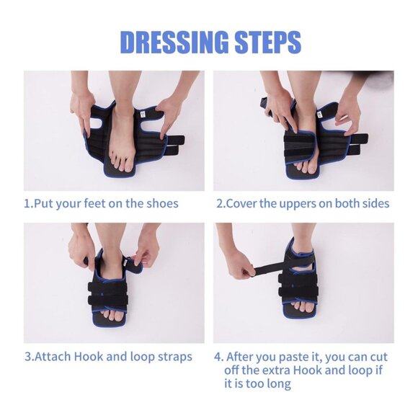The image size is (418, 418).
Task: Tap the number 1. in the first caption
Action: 28,203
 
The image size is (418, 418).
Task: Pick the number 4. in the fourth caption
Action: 218,357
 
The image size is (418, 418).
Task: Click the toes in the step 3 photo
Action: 113,314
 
